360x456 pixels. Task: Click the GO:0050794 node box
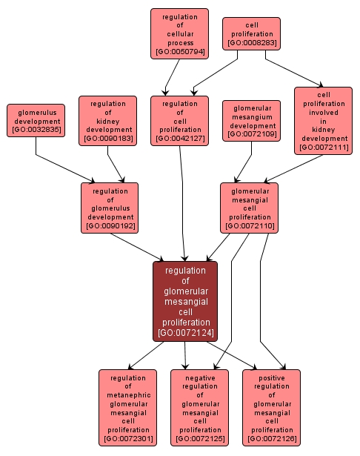click(x=179, y=33)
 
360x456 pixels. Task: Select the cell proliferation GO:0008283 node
click(x=251, y=34)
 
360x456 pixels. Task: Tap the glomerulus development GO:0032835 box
click(x=36, y=120)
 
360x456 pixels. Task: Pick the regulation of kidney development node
click(x=107, y=120)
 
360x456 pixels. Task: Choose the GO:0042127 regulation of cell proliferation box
click(x=179, y=120)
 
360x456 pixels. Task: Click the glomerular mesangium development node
click(x=251, y=120)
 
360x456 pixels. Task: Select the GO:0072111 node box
click(x=323, y=120)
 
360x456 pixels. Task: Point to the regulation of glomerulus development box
click(x=110, y=208)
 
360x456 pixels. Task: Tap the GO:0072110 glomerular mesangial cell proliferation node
click(x=250, y=208)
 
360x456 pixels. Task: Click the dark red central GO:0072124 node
click(x=185, y=301)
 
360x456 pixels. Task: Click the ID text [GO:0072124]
click(x=185, y=333)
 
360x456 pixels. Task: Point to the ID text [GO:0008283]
click(x=251, y=44)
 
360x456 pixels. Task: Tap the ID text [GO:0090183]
click(x=107, y=139)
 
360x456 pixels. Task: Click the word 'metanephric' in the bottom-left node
click(x=128, y=395)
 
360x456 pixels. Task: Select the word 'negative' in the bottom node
click(x=200, y=378)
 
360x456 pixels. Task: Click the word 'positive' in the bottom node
click(x=272, y=378)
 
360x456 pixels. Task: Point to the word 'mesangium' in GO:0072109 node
click(x=251, y=116)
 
